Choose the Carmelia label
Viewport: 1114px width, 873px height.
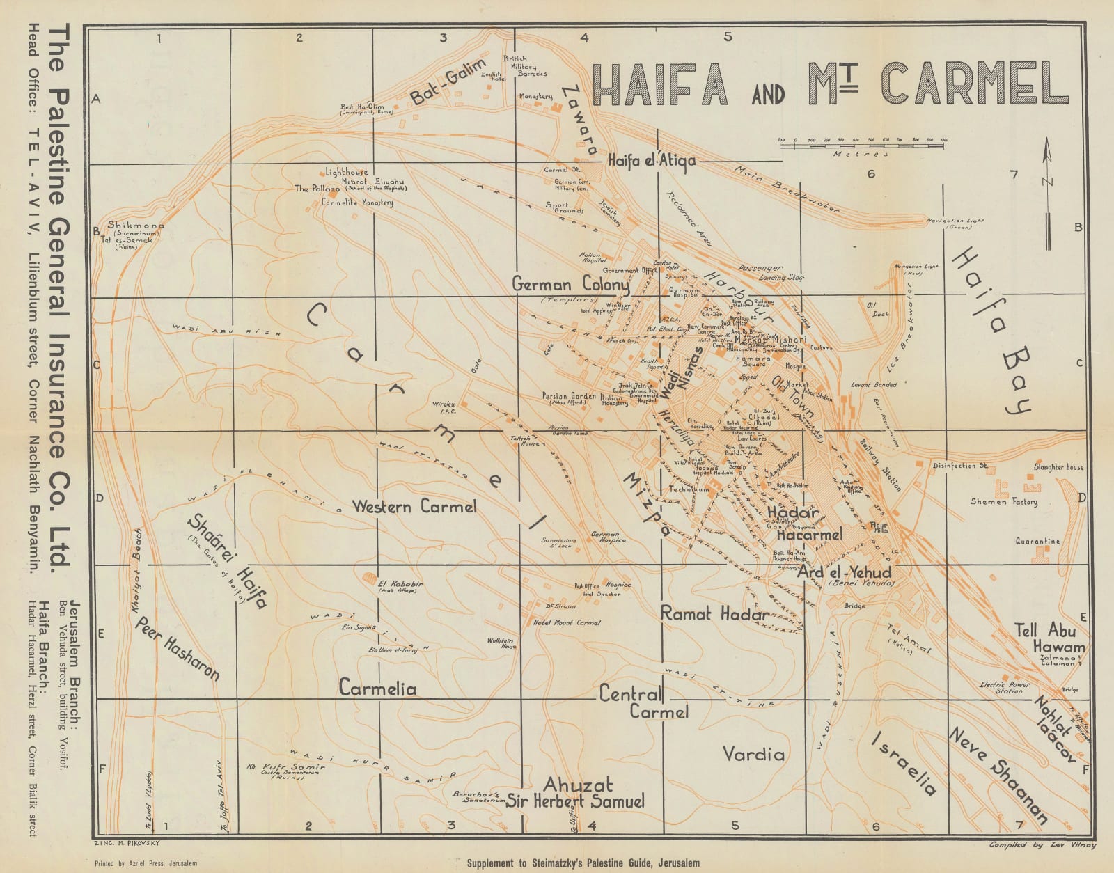coord(377,689)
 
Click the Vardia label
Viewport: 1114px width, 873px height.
coord(753,754)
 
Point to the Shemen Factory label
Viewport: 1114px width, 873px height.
coord(1003,501)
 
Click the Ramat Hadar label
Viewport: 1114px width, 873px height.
coord(714,613)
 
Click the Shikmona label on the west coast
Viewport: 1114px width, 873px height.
coord(135,226)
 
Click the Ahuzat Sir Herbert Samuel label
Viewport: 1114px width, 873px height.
coord(576,793)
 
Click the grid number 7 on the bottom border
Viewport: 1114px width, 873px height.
coord(1019,826)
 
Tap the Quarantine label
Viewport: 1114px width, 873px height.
coord(1037,541)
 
